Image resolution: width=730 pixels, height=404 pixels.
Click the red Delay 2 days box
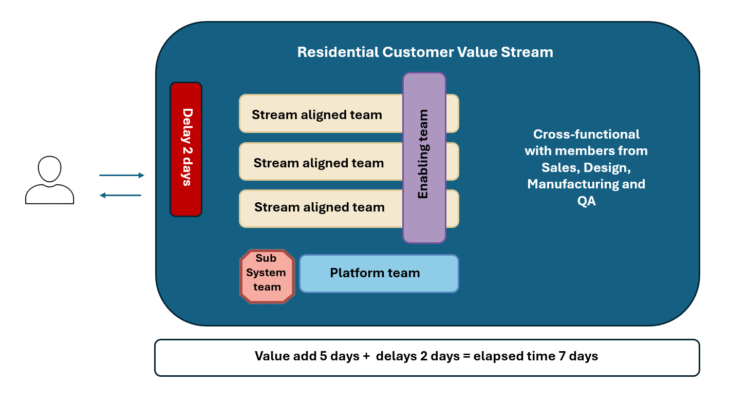coord(186,149)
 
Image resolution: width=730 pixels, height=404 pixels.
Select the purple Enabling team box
coord(424,158)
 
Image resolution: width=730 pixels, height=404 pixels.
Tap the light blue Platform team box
coord(379,274)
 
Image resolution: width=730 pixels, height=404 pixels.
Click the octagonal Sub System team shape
coord(267,276)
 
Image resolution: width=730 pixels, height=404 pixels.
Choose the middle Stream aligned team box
coord(319,162)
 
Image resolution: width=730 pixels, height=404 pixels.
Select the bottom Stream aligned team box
coord(319,208)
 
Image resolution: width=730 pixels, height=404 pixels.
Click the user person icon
coord(50,180)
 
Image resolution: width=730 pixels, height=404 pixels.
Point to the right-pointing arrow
coord(122,176)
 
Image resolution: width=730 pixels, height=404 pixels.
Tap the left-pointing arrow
coord(120,195)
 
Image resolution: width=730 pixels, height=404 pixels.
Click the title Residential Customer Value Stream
coord(425,52)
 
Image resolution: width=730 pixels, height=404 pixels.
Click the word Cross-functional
coord(586,134)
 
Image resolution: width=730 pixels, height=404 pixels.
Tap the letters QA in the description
coord(586,201)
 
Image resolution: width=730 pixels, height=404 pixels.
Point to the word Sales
coord(560,167)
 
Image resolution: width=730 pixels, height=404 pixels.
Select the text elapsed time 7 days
coord(548,356)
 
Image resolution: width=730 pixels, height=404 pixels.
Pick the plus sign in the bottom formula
coord(366,356)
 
